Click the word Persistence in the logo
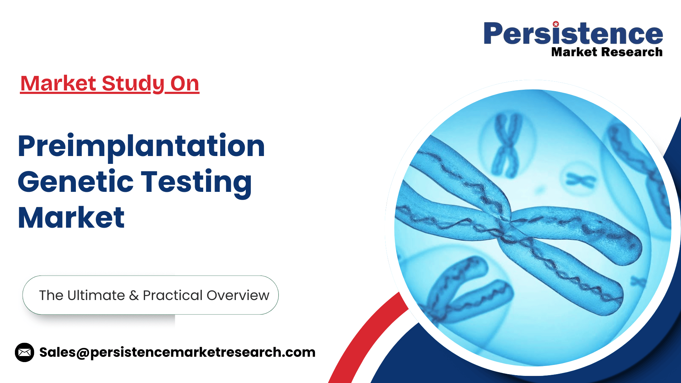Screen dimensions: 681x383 tap(573, 33)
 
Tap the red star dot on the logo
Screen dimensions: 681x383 tap(556, 24)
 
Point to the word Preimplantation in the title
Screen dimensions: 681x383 tap(141, 146)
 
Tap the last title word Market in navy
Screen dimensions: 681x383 tap(71, 217)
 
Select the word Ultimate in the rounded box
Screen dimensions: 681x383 tap(96, 295)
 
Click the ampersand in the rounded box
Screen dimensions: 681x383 tap(134, 295)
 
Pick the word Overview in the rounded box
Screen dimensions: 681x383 tap(238, 295)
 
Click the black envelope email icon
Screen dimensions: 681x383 tap(24, 352)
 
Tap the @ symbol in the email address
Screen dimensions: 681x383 tap(83, 353)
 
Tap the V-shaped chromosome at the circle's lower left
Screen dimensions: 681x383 tap(468, 289)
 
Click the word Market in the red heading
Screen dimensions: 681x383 tap(59, 83)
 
